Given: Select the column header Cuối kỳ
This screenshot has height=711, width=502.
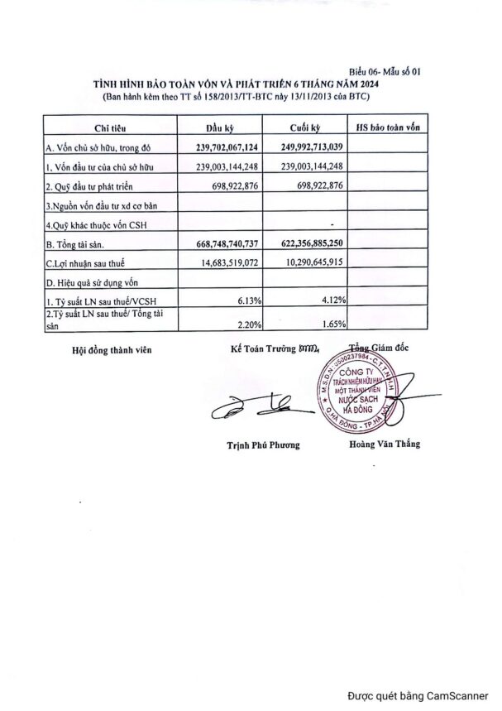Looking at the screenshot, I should (x=305, y=128).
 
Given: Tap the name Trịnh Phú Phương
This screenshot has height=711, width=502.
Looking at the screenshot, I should (x=263, y=444).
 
